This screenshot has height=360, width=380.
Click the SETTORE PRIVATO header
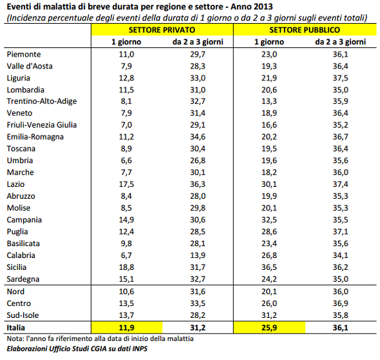pyautogui.click(x=162, y=30)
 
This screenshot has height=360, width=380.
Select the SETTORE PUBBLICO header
pyautogui.click(x=305, y=30)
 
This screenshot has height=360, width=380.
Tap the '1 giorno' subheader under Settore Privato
pyautogui.click(x=126, y=42)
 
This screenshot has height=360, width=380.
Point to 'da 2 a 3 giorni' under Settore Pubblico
pyautogui.click(x=340, y=42)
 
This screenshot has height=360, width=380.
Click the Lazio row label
pyautogui.click(x=16, y=184)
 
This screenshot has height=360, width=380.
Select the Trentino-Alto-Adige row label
pyautogui.click(x=41, y=101)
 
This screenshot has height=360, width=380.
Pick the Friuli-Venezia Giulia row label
pyautogui.click(x=41, y=125)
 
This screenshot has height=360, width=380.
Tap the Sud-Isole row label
pyautogui.click(x=23, y=315)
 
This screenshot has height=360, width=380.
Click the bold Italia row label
pyautogui.click(x=16, y=328)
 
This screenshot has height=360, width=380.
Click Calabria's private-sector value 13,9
pyautogui.click(x=198, y=255)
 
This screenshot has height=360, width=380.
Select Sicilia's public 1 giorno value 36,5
pyautogui.click(x=269, y=267)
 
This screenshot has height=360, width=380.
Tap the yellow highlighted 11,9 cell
pyautogui.click(x=126, y=328)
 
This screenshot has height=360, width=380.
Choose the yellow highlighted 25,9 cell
pyautogui.click(x=269, y=328)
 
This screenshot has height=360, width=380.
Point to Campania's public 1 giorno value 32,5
pyautogui.click(x=269, y=220)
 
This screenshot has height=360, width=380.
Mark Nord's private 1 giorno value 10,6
pyautogui.click(x=126, y=292)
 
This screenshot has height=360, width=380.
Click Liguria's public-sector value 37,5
pyautogui.click(x=340, y=78)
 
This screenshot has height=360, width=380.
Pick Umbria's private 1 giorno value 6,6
pyautogui.click(x=126, y=161)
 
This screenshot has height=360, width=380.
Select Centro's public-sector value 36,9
pyautogui.click(x=340, y=303)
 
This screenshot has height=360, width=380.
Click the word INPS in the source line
pyautogui.click(x=140, y=349)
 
